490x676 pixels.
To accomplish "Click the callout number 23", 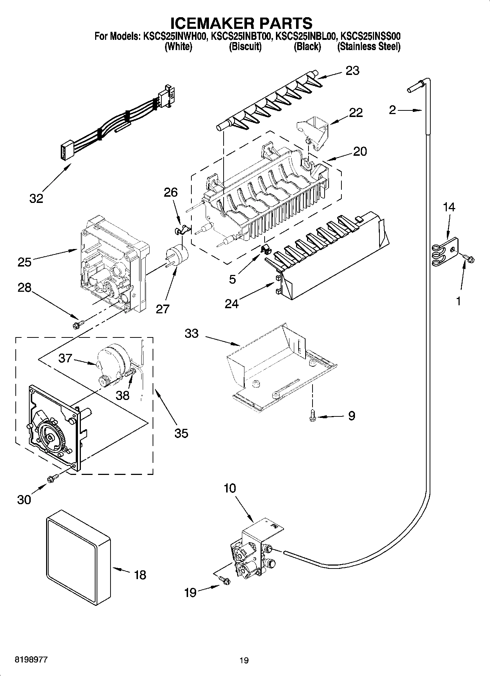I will (x=352, y=70).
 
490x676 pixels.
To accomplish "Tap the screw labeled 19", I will (x=224, y=580).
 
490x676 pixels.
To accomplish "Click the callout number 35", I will (x=181, y=433).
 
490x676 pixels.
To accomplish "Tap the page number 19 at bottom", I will (x=244, y=660).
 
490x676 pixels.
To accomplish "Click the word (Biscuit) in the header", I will (x=245, y=46).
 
